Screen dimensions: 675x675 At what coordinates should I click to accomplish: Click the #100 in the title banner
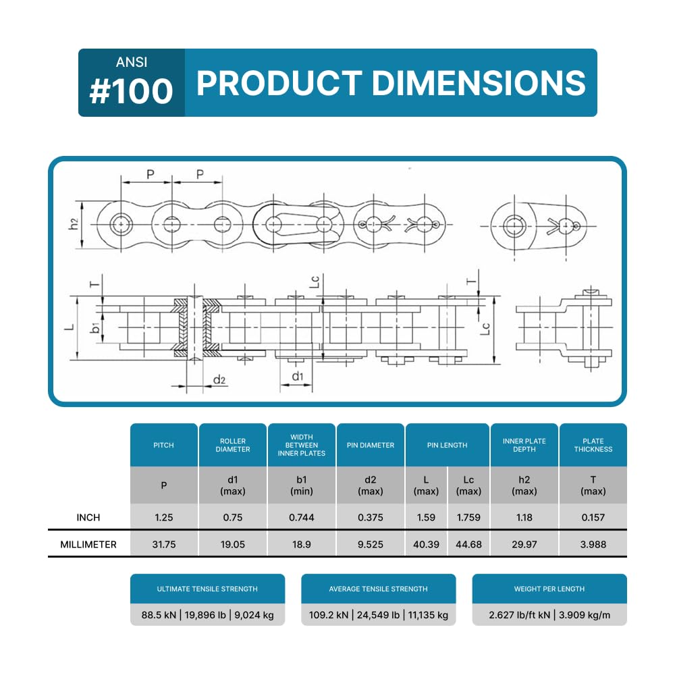pos(132,91)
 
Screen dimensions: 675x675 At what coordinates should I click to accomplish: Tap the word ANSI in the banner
pos(132,62)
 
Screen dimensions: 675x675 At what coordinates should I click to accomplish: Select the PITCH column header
pos(163,445)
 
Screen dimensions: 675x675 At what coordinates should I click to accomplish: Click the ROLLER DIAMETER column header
pos(232,445)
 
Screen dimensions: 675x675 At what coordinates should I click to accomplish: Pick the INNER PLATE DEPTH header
pos(524,445)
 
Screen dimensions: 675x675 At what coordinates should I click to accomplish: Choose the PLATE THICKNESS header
pos(593,445)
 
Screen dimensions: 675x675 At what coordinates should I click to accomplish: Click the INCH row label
pos(88,518)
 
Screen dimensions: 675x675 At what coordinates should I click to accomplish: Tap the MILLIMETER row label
pos(88,545)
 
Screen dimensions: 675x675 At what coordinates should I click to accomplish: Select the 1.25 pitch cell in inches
pos(163,518)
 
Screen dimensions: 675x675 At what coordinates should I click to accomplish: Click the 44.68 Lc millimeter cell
pos(468,545)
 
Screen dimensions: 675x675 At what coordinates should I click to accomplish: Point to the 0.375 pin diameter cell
pos(370,518)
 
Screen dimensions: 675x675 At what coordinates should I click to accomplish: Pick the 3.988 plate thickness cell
pos(593,545)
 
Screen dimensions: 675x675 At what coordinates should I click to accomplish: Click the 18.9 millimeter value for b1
pos(301,545)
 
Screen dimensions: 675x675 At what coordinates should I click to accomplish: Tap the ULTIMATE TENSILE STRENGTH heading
pos(207,589)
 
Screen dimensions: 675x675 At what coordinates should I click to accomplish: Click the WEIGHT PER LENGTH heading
pos(549,589)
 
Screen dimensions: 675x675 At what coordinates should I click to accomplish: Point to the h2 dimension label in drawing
pos(74,224)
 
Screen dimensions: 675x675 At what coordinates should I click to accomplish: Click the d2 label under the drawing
pos(219,379)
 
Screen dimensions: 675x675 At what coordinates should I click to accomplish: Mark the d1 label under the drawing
pos(298,376)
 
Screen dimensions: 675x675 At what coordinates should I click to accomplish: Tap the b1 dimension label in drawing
pos(95,328)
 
